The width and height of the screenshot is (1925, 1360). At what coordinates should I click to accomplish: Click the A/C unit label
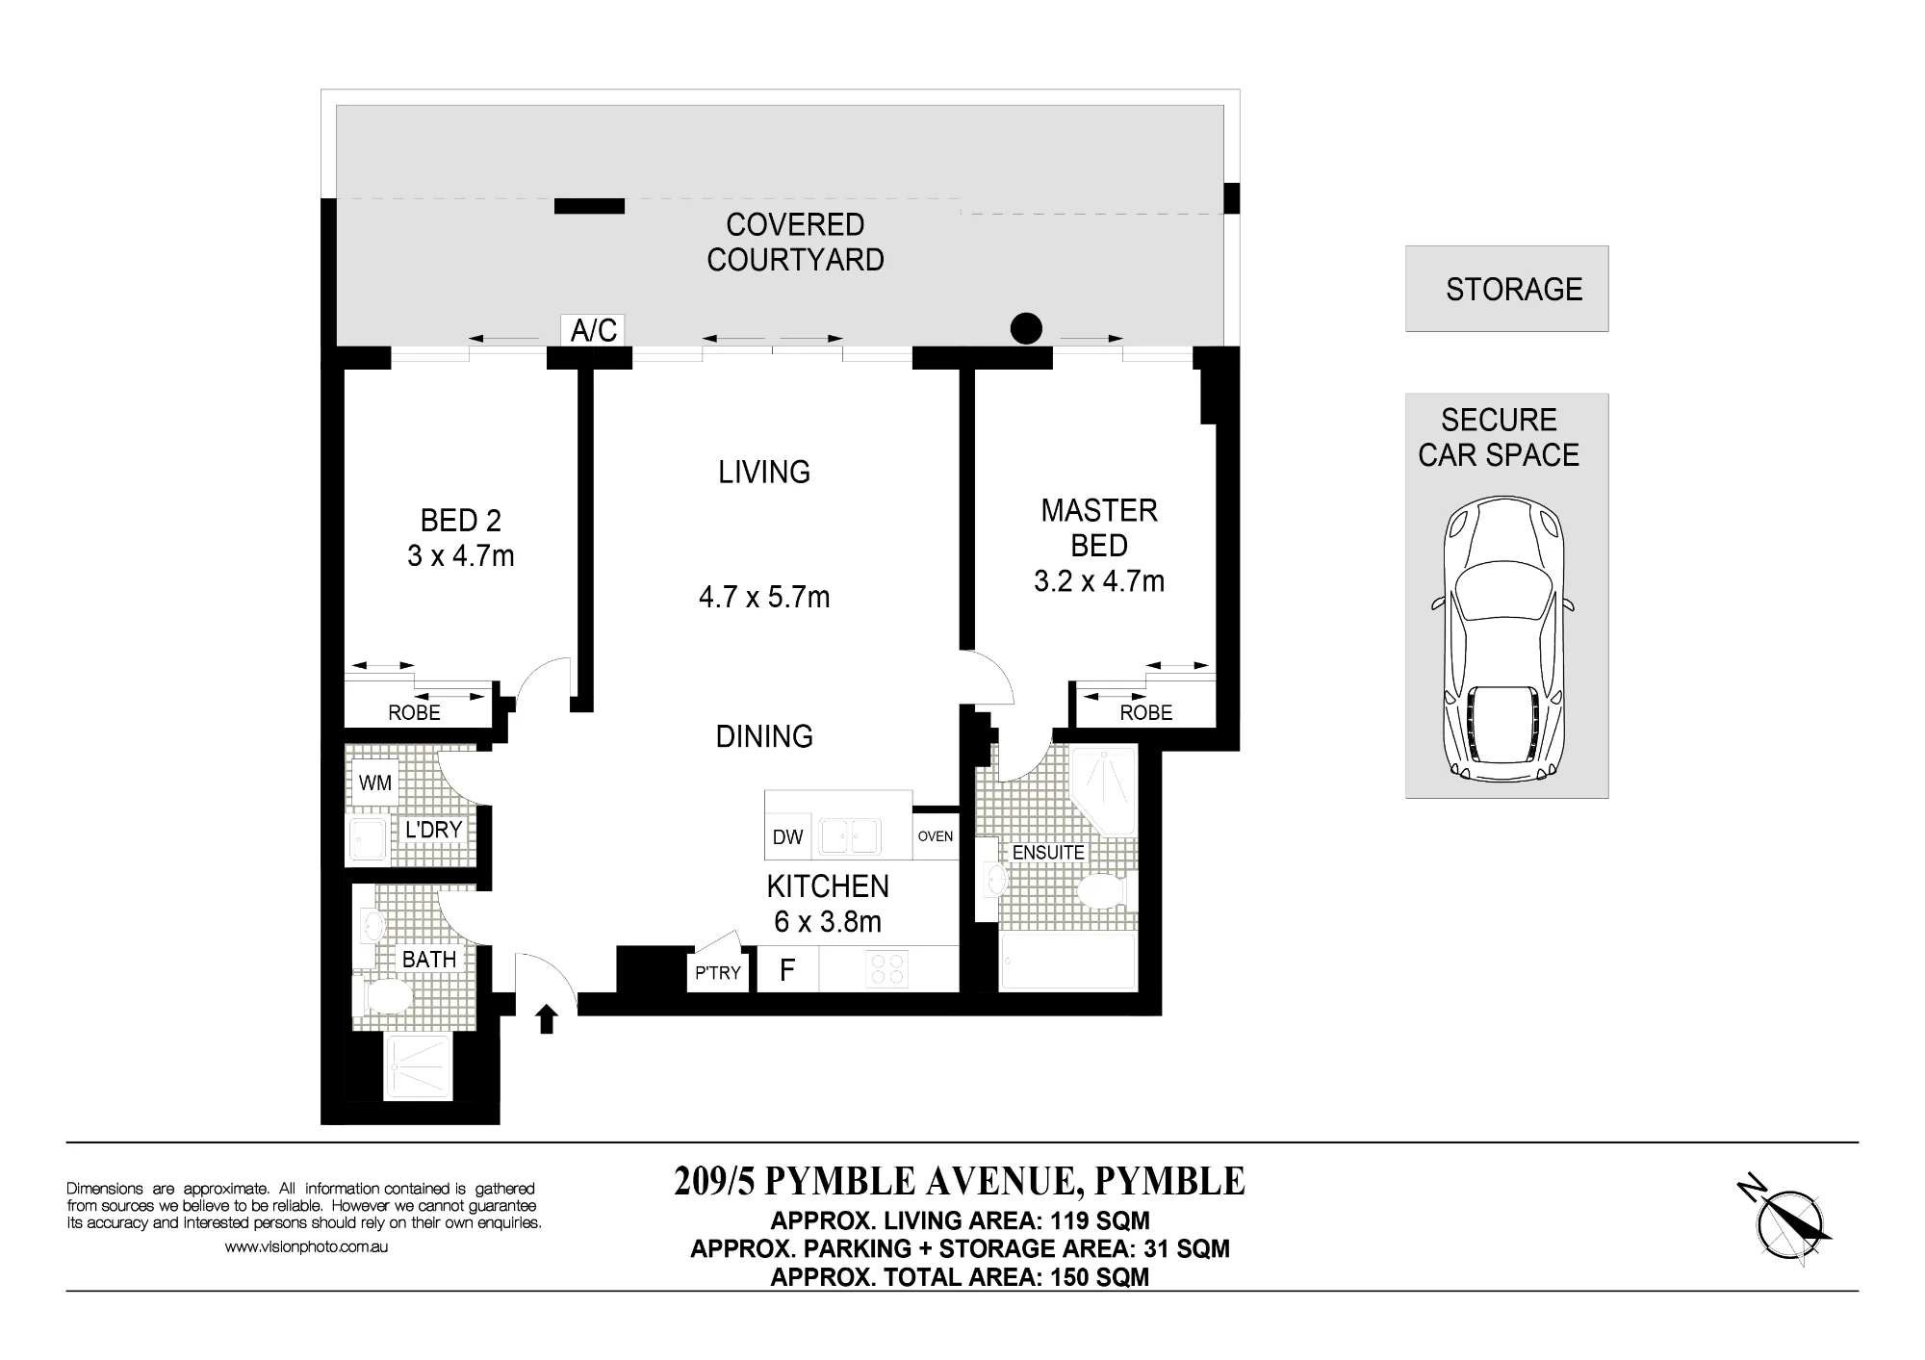[593, 330]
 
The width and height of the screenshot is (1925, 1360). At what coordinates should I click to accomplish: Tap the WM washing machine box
[375, 783]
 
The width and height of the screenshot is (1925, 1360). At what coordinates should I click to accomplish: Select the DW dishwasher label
[787, 837]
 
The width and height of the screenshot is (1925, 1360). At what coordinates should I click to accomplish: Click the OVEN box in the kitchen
[936, 835]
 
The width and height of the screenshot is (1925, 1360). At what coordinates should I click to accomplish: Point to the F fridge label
[787, 970]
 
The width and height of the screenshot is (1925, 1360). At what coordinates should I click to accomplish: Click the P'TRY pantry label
[718, 973]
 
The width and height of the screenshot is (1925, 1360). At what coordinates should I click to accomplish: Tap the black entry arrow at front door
[547, 1018]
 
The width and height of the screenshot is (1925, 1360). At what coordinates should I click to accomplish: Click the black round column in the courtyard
[1026, 328]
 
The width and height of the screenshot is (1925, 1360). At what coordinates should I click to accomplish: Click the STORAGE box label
[1514, 289]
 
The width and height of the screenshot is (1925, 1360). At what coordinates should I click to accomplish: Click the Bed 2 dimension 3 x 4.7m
[461, 556]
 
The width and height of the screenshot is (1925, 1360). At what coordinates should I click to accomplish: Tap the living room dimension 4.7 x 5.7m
[764, 597]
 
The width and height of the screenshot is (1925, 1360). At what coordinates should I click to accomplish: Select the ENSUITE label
[1048, 853]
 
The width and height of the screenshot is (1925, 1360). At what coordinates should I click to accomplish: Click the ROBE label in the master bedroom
[1146, 713]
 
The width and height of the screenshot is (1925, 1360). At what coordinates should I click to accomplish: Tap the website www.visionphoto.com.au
[306, 1246]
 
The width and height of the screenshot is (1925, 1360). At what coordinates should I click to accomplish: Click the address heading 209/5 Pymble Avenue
[960, 1181]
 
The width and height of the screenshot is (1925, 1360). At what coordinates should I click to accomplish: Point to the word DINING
[764, 736]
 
